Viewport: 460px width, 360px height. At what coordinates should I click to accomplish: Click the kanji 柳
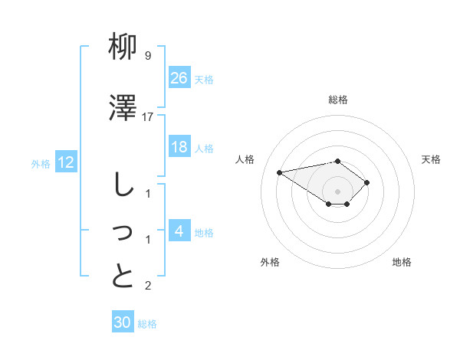(123, 49)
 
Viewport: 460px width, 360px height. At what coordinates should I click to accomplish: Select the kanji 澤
(123, 110)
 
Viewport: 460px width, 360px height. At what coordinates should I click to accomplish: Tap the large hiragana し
(123, 187)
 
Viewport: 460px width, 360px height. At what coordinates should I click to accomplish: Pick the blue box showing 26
(179, 77)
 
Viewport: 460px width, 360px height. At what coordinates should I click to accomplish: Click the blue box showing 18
(179, 147)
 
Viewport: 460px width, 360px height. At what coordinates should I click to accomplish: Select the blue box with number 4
(179, 231)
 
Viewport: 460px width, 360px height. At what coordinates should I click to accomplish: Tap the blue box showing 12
(66, 162)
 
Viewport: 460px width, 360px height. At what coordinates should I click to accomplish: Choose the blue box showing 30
(123, 322)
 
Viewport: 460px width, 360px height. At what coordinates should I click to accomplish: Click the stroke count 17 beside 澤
(148, 116)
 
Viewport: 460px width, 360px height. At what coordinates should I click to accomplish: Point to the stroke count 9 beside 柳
(148, 56)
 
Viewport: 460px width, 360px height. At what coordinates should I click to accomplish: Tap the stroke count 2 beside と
(148, 286)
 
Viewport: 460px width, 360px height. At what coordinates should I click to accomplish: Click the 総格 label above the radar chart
(338, 100)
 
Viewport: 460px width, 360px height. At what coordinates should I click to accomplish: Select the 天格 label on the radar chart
(432, 159)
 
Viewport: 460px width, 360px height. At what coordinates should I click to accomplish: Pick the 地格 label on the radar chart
(402, 262)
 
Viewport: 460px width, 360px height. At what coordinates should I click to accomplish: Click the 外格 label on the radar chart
(270, 262)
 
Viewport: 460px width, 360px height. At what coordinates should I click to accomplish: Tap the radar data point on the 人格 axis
(280, 172)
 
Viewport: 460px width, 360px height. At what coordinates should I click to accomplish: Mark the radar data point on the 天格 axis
(367, 182)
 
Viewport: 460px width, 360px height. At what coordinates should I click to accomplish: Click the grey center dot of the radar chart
(337, 191)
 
